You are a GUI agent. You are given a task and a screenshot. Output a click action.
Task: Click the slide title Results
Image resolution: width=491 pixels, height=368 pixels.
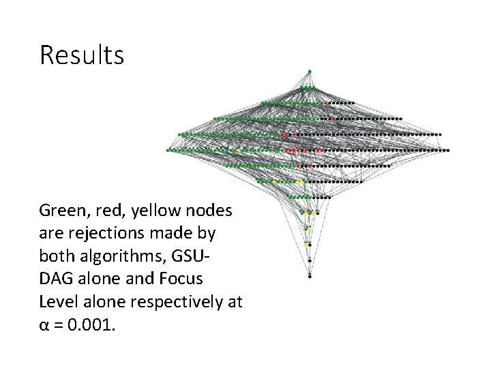pyautogui.click(x=82, y=55)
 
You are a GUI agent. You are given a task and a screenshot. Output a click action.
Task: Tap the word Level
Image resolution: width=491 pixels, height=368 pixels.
pyautogui.click(x=57, y=301)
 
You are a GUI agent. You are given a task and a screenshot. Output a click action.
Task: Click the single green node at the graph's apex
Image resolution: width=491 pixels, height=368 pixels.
pyautogui.click(x=310, y=71)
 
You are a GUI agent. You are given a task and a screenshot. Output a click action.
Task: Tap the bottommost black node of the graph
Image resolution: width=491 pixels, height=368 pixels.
pyautogui.click(x=310, y=277)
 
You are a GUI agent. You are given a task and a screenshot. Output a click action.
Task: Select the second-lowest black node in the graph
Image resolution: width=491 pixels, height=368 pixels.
pyautogui.click(x=310, y=260)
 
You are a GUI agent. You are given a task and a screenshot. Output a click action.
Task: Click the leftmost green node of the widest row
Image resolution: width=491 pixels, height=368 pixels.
pyautogui.click(x=168, y=149)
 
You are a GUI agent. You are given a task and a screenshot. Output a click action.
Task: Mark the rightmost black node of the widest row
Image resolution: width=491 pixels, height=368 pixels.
pyautogui.click(x=448, y=149)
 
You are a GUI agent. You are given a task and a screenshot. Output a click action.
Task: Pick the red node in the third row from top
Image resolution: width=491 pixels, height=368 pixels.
pyautogui.click(x=326, y=103)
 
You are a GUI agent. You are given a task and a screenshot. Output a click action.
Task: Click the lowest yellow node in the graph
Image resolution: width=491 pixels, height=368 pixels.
pyautogui.click(x=306, y=244)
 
